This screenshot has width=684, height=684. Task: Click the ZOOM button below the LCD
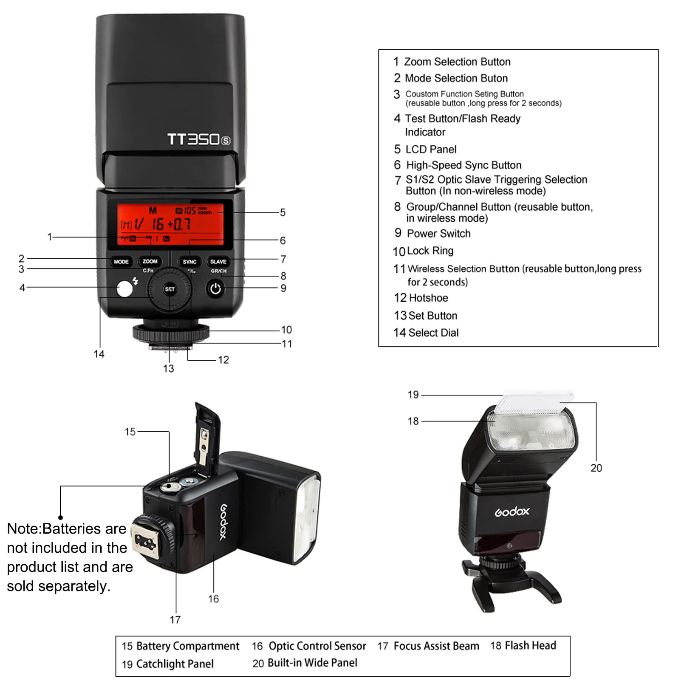pyautogui.click(x=150, y=261)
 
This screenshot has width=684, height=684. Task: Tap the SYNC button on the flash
pyautogui.click(x=189, y=262)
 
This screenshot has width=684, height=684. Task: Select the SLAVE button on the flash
pyautogui.click(x=218, y=262)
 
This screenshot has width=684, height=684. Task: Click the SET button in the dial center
pyautogui.click(x=170, y=289)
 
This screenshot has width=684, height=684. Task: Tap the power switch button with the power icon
pyautogui.click(x=215, y=289)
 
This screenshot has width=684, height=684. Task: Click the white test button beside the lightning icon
pyautogui.click(x=124, y=289)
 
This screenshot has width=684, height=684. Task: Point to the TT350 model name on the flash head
pyautogui.click(x=198, y=139)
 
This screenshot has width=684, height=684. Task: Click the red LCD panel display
pyautogui.click(x=170, y=224)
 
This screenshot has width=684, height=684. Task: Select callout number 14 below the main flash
pyautogui.click(x=99, y=354)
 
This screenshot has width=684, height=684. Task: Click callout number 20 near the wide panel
pyautogui.click(x=596, y=468)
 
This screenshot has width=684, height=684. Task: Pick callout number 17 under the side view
pyautogui.click(x=175, y=619)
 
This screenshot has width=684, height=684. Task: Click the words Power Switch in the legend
pyautogui.click(x=438, y=234)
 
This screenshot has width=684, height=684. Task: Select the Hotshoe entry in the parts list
pyautogui.click(x=428, y=298)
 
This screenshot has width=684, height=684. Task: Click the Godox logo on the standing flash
pyautogui.click(x=512, y=512)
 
